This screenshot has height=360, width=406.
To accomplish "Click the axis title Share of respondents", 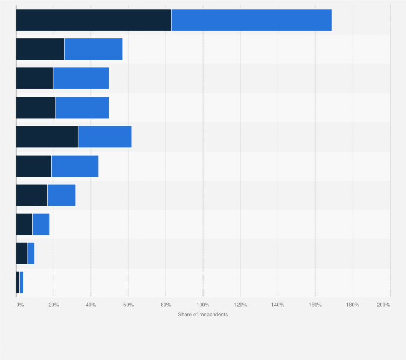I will click(202, 314).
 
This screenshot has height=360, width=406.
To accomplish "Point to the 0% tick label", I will click(19, 305).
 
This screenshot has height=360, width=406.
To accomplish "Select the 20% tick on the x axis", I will click(54, 305).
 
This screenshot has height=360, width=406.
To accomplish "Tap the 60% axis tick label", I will click(128, 305).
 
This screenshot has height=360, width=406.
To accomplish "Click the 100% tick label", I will click(202, 305).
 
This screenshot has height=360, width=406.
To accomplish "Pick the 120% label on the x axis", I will click(240, 305).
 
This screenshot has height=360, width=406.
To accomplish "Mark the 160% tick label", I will click(315, 305).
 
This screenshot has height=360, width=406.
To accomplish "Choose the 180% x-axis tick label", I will click(352, 305).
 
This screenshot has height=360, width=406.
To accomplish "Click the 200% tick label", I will click(383, 305).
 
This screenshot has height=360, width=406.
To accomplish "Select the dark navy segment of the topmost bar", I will click(93, 20).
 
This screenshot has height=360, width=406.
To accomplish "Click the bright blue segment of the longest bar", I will click(251, 20).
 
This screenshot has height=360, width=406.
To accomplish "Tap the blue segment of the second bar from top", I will click(93, 49).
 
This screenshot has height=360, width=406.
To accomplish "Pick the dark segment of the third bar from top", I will click(34, 78).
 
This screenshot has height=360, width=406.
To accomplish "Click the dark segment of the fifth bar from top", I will click(47, 137).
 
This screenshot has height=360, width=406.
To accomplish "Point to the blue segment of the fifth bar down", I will click(104, 137).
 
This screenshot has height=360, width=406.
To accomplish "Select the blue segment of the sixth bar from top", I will click(75, 166).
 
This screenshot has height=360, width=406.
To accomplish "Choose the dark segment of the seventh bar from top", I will click(32, 195).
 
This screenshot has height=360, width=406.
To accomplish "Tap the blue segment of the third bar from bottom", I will click(41, 224).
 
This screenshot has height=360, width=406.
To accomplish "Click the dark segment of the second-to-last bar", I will click(22, 253).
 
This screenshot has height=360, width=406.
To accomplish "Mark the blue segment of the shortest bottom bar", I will click(22, 282).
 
